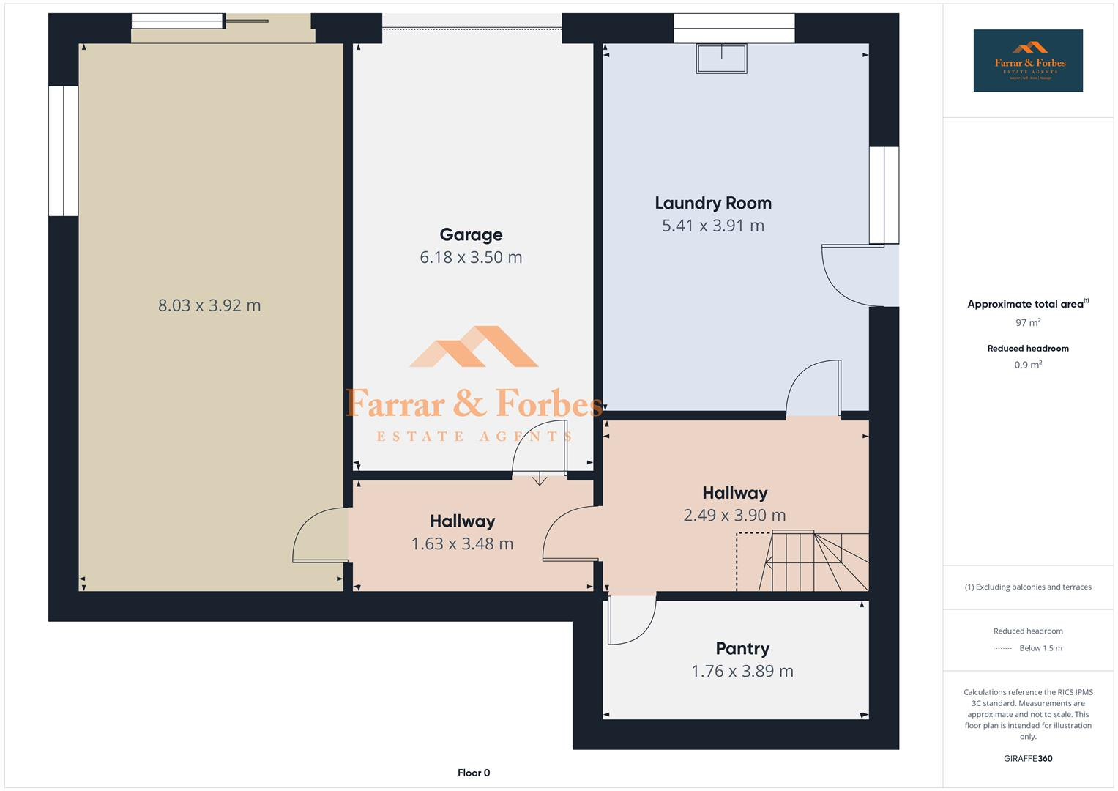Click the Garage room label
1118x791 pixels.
point(471,234)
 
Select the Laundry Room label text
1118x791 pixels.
point(712,203)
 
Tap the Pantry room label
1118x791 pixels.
point(742,648)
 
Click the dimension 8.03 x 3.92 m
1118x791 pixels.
point(209,305)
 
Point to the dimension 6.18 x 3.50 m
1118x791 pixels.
point(471,257)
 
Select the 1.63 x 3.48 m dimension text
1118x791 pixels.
point(462,543)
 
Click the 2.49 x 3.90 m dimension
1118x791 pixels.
point(734,515)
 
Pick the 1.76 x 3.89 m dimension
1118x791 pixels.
point(742,671)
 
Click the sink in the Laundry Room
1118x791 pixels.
point(722,59)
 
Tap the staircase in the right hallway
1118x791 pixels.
point(813,561)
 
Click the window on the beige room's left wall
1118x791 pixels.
point(64,151)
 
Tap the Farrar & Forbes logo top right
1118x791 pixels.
point(1028,61)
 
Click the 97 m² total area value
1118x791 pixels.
point(1028,322)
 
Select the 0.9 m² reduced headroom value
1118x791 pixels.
point(1028,365)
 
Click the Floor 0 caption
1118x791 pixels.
point(474,773)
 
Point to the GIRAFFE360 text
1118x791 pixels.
point(1028,758)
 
